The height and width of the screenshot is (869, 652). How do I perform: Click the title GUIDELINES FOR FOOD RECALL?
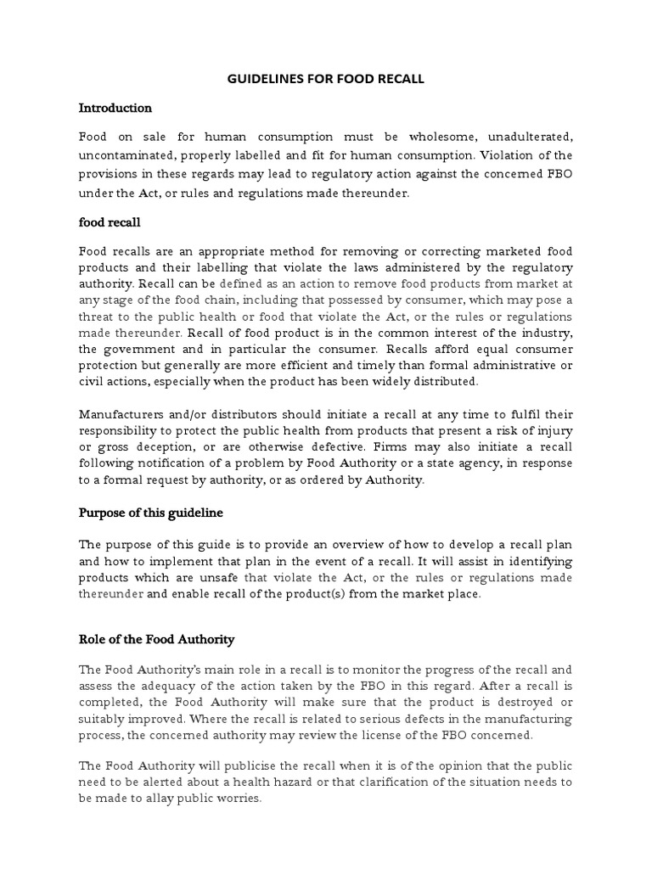326,79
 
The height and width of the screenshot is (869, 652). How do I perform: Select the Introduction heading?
115,108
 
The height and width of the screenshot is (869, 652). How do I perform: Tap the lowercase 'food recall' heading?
110,222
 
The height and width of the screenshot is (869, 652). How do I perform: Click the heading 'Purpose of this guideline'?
151,513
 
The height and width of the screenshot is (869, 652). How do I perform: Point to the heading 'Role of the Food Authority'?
156,639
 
